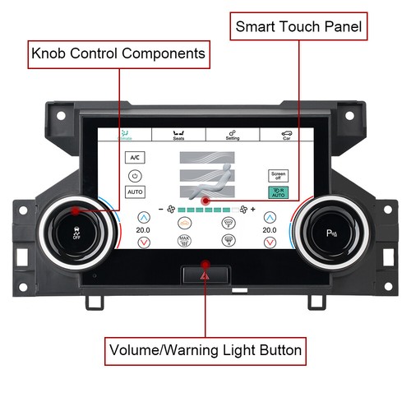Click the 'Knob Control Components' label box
pos(118,55)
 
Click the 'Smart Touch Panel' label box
pos(298,26)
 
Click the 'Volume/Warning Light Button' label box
pos(205,352)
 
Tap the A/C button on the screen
pos(135,158)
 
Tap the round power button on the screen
pos(135,175)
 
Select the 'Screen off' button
pos(279,176)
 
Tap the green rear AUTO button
pos(279,192)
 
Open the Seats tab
pos(178,136)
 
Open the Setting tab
pos(233,136)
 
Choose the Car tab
pos(286,136)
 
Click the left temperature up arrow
pos(144,218)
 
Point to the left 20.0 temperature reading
pos(144,231)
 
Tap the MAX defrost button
pos(184,241)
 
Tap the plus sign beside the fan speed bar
pos(252,210)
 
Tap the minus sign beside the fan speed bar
pos(161,210)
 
